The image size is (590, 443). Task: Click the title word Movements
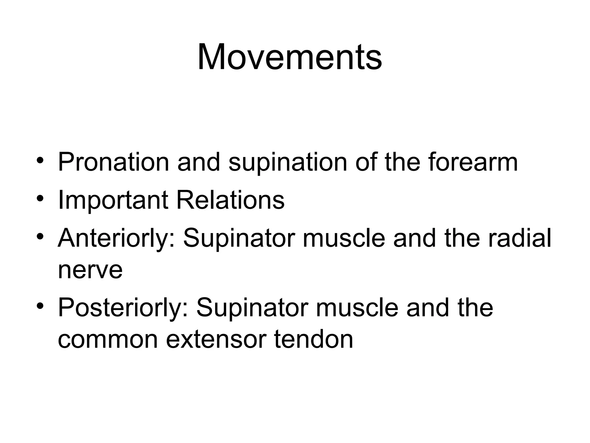click(290, 57)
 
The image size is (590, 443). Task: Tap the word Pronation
click(114, 162)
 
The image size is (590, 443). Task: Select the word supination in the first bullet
click(288, 162)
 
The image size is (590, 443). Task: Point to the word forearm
click(473, 162)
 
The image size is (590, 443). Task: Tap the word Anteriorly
click(116, 238)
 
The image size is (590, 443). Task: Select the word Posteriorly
click(123, 308)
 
